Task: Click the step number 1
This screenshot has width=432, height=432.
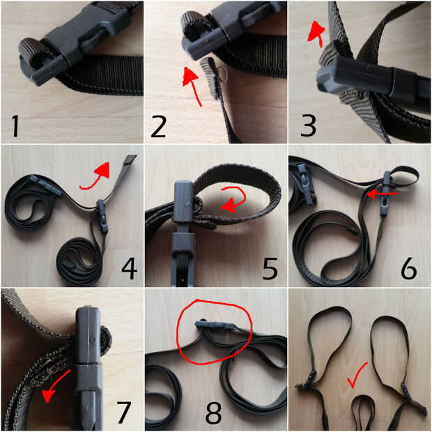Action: tap(16, 126)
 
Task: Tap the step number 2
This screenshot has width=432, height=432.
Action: tap(158, 126)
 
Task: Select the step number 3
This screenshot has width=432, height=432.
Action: tap(308, 126)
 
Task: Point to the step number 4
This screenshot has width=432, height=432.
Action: tap(129, 269)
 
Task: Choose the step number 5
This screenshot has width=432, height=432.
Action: tap(270, 269)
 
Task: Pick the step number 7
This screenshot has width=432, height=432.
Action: tap(123, 412)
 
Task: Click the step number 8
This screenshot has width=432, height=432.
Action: tap(213, 412)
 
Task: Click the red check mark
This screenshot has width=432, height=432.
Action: tap(356, 376)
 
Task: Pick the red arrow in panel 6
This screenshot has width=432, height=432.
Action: tap(382, 194)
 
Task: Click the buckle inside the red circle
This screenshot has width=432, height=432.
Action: tap(215, 325)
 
